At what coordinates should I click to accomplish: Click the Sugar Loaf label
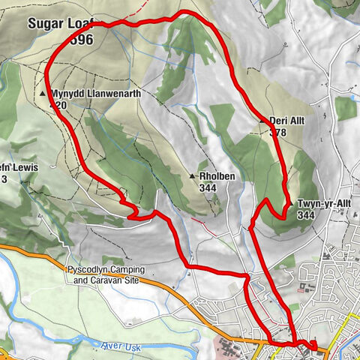pyautogui.click(x=60, y=23)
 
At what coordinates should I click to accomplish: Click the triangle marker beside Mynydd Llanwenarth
pyautogui.click(x=43, y=94)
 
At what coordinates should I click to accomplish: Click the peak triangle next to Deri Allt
pyautogui.click(x=262, y=121)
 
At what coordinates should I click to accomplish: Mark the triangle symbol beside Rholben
pyautogui.click(x=192, y=176)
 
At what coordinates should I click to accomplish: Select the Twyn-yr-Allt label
pyautogui.click(x=324, y=203)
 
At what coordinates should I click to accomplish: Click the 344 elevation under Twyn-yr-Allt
pyautogui.click(x=305, y=214)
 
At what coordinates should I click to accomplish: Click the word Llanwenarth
pyautogui.click(x=109, y=94)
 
